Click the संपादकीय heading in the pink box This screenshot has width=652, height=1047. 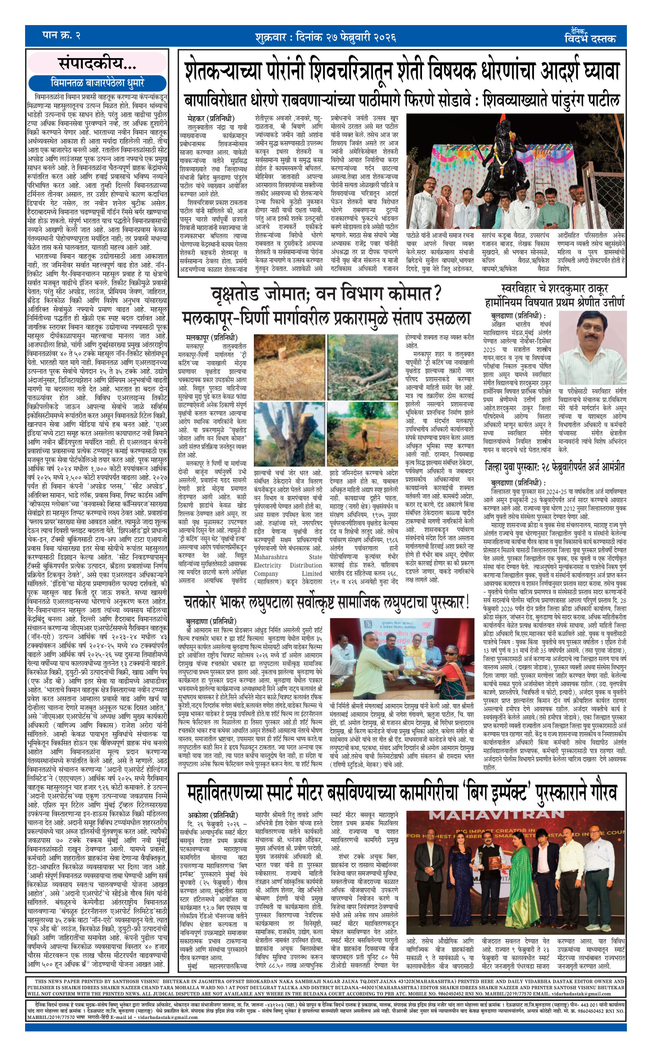[x=97, y=64]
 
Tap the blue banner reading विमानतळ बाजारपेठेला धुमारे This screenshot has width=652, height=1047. [x=97, y=83]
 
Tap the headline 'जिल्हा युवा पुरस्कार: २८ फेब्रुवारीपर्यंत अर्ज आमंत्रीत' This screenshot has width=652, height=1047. [x=555, y=467]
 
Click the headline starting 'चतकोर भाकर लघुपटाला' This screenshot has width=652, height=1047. [x=327, y=602]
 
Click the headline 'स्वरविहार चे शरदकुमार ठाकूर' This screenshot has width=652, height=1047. [x=554, y=289]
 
